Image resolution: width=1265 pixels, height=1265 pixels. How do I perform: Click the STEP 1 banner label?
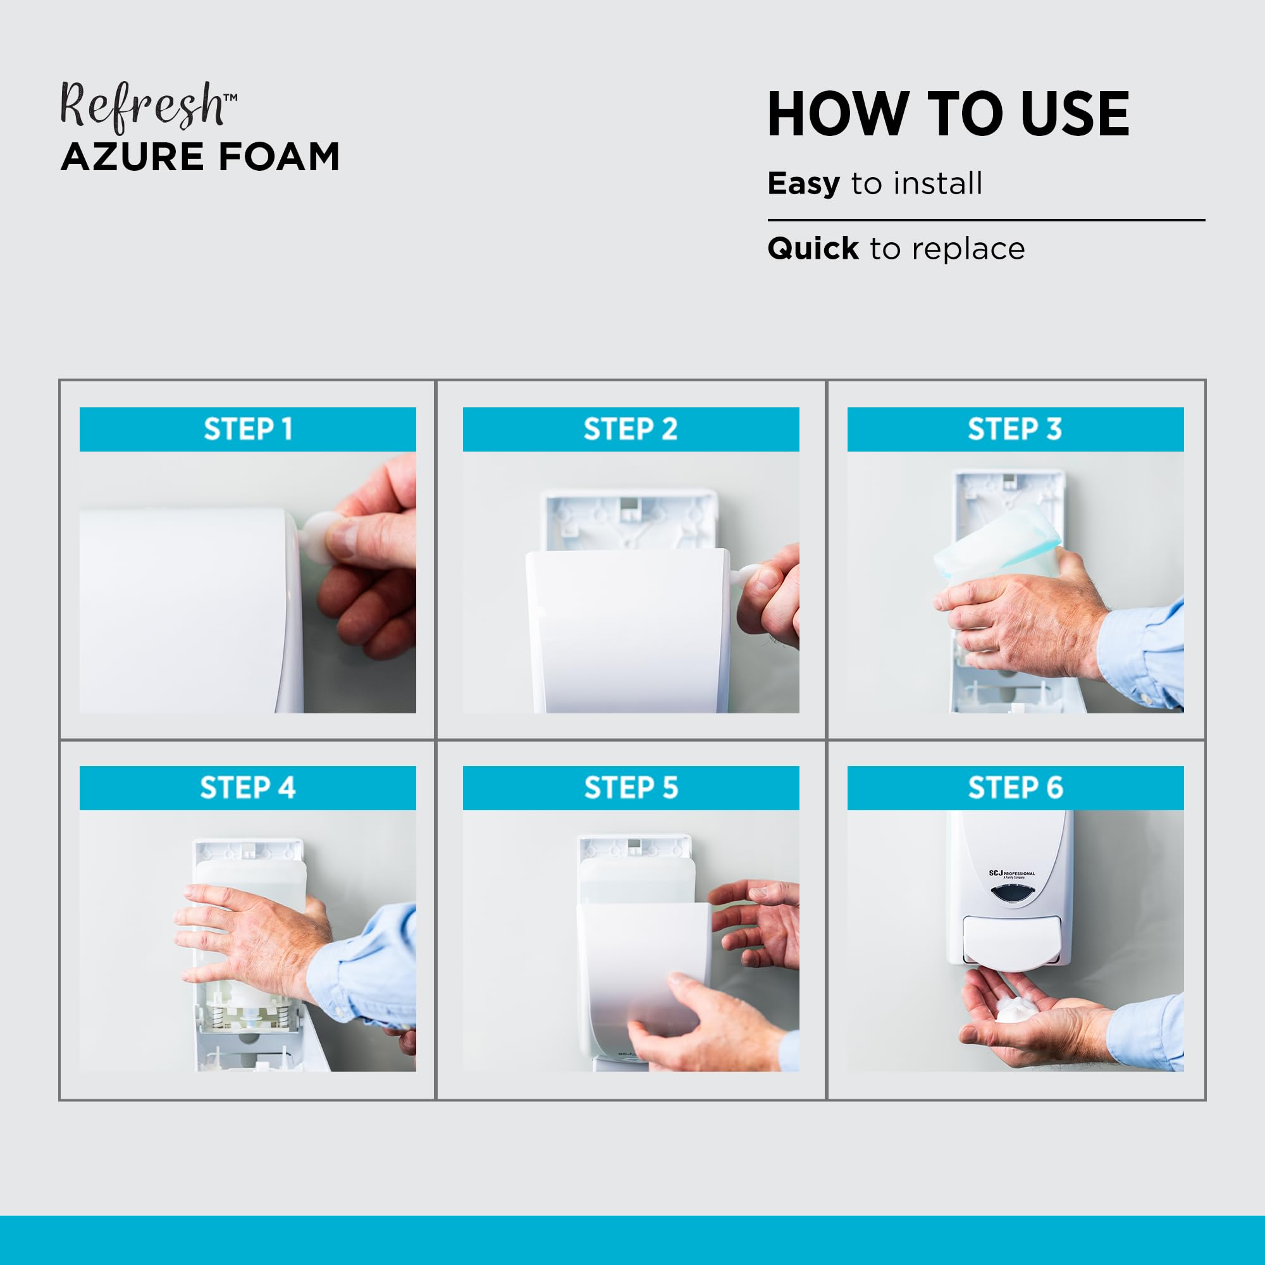pos(247,429)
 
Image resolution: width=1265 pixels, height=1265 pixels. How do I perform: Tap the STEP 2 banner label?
pos(631,429)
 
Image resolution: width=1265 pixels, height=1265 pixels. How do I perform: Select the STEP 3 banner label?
pos(1015,429)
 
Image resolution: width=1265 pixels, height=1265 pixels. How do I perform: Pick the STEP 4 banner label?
pos(247,787)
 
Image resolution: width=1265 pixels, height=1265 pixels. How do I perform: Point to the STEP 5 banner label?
pos(631,787)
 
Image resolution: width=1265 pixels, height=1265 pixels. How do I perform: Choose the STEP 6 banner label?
pos(1015,787)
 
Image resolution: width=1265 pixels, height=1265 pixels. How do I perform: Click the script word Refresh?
pos(143,107)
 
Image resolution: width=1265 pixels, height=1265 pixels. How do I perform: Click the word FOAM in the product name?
pos(279,157)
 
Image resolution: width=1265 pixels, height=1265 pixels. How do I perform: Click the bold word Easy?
pos(803,184)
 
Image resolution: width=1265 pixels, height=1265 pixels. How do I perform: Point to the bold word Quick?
pos(813,249)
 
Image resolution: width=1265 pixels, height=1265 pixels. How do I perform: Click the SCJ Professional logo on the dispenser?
pos(1012,874)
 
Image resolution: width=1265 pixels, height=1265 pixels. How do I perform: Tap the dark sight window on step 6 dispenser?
pos(1012,893)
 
